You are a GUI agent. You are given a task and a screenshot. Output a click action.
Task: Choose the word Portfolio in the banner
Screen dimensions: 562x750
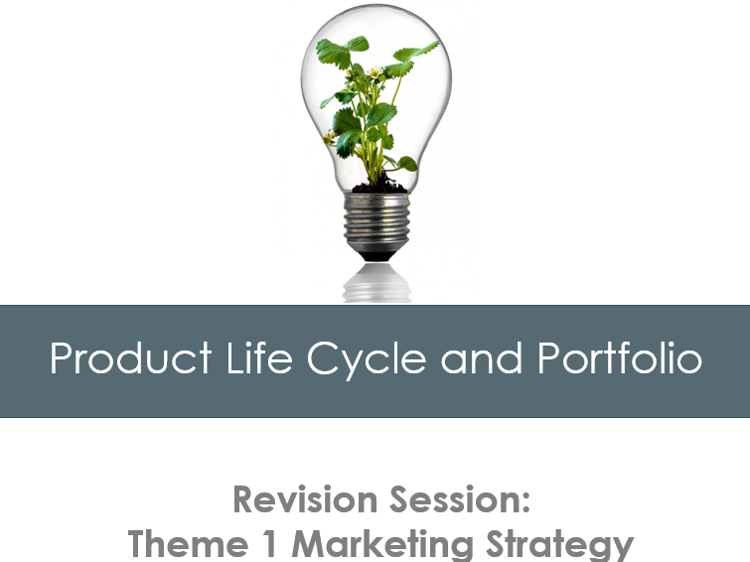click(x=620, y=359)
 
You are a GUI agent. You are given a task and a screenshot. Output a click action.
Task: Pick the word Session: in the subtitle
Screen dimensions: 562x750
click(x=467, y=500)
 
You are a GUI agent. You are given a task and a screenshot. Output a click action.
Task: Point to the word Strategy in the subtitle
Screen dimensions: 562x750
click(x=563, y=544)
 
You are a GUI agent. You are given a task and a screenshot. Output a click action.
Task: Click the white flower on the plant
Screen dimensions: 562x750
click(x=375, y=72)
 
